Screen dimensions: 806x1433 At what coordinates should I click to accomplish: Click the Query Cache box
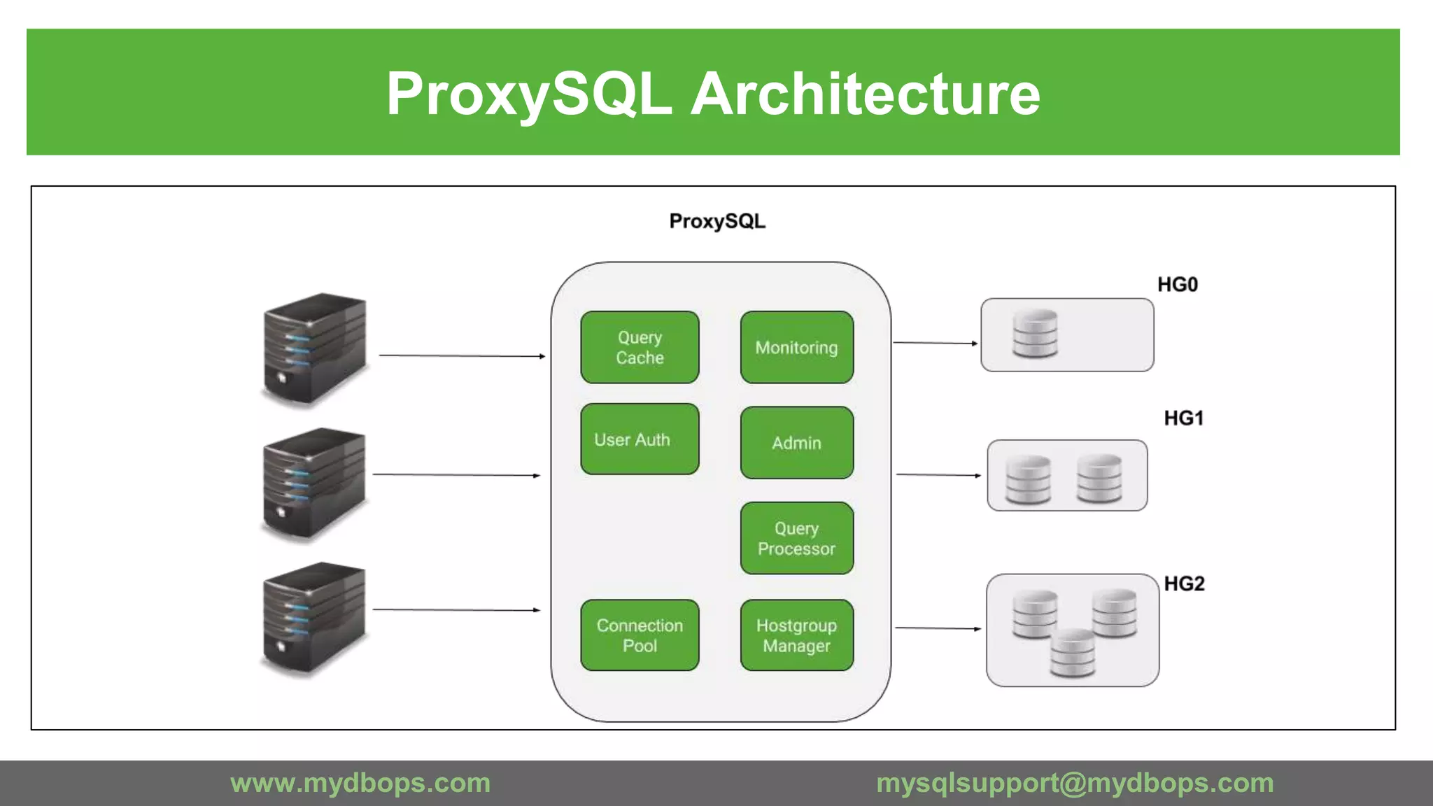pyautogui.click(x=640, y=348)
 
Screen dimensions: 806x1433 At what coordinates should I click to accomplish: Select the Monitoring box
pyautogui.click(x=796, y=348)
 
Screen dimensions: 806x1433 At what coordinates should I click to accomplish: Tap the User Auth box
pyautogui.click(x=640, y=439)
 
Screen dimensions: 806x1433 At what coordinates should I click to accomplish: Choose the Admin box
pyautogui.click(x=796, y=443)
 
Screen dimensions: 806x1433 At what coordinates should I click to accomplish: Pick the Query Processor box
pyautogui.click(x=796, y=538)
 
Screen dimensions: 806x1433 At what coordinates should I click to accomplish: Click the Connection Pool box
pyautogui.click(x=640, y=635)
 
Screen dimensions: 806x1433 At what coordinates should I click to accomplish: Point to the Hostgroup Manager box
pyautogui.click(x=796, y=635)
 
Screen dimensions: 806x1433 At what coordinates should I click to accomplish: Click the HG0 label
pyautogui.click(x=1177, y=285)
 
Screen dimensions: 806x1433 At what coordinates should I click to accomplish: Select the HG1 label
pyautogui.click(x=1183, y=418)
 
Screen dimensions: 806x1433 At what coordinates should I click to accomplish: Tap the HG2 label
pyautogui.click(x=1184, y=584)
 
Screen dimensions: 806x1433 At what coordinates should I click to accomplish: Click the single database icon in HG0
pyautogui.click(x=1035, y=334)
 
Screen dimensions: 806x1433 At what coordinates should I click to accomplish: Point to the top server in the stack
pyautogui.click(x=314, y=349)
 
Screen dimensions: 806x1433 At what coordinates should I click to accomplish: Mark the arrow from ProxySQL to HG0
pyautogui.click(x=935, y=343)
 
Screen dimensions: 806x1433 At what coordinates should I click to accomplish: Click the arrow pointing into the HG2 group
pyautogui.click(x=938, y=628)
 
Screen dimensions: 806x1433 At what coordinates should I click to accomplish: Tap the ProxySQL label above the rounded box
pyautogui.click(x=717, y=222)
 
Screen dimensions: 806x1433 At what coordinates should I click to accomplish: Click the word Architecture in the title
pyautogui.click(x=866, y=94)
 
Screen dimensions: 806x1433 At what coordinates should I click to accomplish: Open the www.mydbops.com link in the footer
pyautogui.click(x=360, y=783)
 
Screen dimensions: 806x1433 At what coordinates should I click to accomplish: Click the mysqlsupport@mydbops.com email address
pyautogui.click(x=1075, y=783)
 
